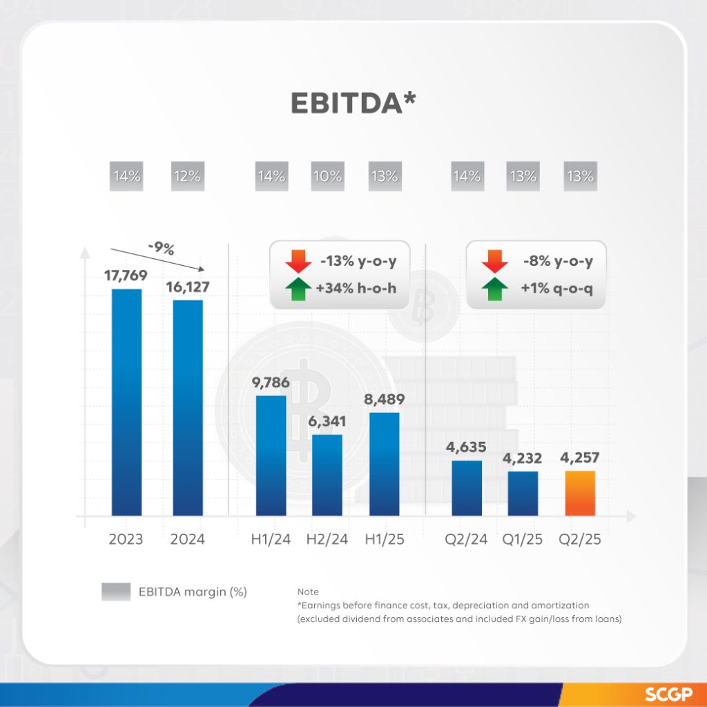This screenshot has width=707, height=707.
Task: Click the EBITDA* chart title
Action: pos(353,101)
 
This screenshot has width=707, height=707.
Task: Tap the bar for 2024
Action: pos(187,407)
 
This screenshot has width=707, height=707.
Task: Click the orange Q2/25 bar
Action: pos(580,493)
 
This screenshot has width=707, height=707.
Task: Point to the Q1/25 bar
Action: pos(523,493)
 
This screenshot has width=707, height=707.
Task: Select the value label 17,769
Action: pos(126,276)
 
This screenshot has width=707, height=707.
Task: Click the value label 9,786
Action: pos(271,383)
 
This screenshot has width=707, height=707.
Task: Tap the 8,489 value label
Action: pos(385,399)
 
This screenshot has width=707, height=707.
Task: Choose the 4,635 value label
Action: pos(467,447)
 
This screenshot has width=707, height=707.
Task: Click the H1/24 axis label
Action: pos(271,539)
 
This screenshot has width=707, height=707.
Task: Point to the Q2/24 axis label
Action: pos(467,539)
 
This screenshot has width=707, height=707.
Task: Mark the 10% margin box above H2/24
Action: pos(327,176)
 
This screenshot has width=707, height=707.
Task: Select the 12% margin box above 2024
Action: pos(187,176)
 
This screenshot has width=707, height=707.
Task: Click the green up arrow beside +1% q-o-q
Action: pos(494,289)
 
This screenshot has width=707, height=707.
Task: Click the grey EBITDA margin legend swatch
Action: pos(115,592)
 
